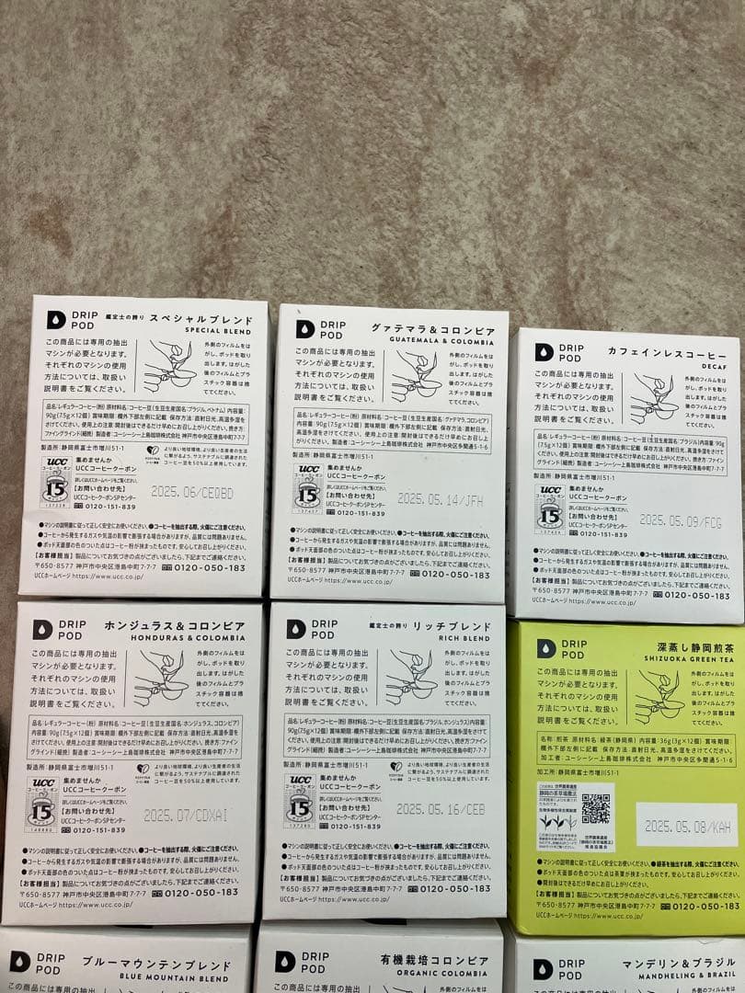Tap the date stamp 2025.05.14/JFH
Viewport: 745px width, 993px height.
(x=440, y=498)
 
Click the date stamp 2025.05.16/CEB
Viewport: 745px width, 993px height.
(x=440, y=809)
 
